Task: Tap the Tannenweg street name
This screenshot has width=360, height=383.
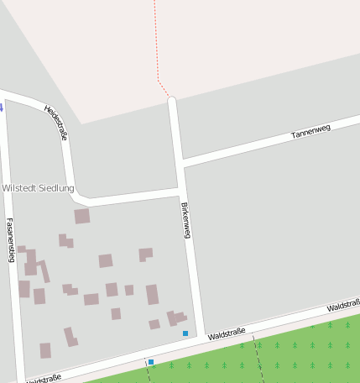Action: tap(311, 130)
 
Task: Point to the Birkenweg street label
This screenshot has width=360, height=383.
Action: tap(186, 219)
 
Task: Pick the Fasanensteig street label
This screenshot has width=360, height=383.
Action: tap(10, 240)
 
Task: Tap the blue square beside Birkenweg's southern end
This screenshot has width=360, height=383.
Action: tap(185, 333)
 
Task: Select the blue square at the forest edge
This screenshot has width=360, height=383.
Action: tap(151, 362)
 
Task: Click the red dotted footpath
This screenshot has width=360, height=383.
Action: tap(157, 50)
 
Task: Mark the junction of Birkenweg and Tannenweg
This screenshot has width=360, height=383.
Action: tap(181, 162)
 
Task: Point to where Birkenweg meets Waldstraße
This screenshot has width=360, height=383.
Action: tap(201, 337)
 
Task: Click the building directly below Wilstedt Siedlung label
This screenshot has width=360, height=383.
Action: tap(81, 217)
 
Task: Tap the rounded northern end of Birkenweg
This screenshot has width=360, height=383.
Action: tap(172, 102)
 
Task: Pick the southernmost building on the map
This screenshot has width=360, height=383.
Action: tap(45, 350)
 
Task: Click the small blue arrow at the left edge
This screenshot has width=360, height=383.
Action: tap(2, 108)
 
